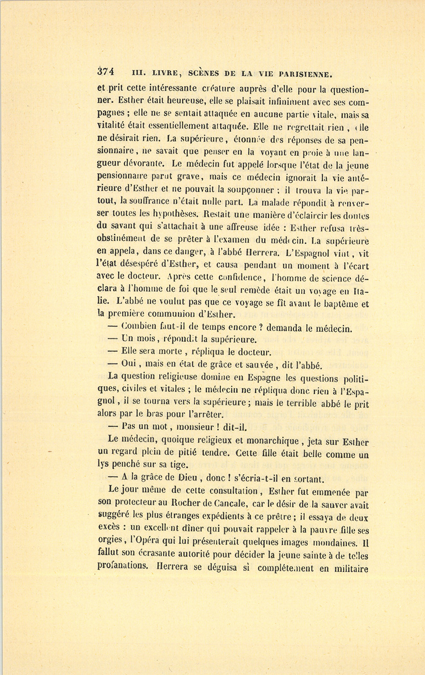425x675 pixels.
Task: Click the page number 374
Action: (106, 72)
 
